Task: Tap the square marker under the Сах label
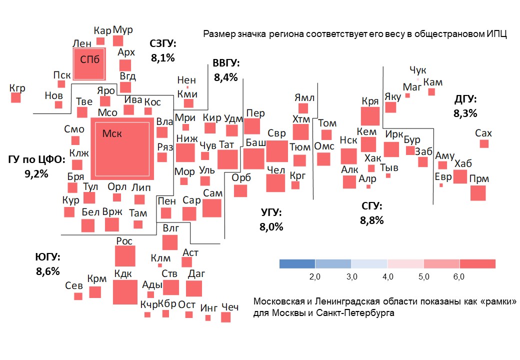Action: [484, 144]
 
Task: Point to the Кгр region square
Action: [16, 98]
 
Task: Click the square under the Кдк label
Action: [124, 292]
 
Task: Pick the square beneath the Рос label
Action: [125, 256]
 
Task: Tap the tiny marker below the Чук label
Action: [418, 79]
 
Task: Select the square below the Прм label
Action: [478, 193]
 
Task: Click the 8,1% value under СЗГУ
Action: [162, 58]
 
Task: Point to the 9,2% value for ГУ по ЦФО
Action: [36, 174]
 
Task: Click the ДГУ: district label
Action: [465, 99]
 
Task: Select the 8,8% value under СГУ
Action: [371, 220]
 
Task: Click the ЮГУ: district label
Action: [47, 258]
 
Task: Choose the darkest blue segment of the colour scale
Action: [297, 264]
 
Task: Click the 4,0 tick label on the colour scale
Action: [387, 276]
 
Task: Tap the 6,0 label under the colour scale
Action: [459, 276]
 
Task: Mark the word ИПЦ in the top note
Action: [497, 34]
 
